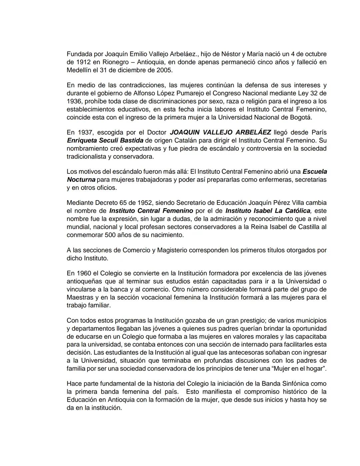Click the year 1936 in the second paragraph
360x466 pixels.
74,101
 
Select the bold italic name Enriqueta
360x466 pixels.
82,140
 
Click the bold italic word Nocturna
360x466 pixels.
81,180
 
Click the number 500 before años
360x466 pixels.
111,235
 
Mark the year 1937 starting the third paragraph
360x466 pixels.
84,132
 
